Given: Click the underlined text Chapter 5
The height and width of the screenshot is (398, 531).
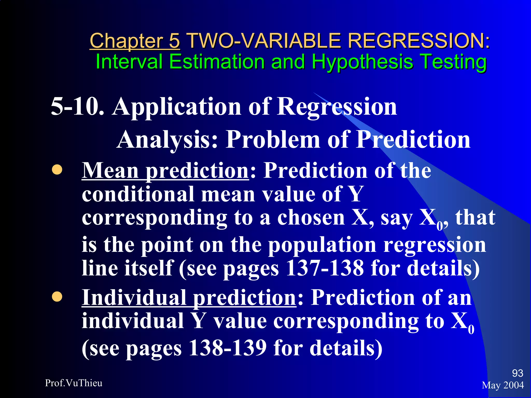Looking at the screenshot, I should (135, 41).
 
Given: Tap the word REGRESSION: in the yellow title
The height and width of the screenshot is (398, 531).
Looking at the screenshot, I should (418, 41).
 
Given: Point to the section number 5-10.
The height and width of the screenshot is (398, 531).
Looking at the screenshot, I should (77, 106).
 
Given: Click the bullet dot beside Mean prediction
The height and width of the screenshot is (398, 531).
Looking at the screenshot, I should (57, 170).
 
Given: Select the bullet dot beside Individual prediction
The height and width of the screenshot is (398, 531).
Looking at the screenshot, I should (57, 297).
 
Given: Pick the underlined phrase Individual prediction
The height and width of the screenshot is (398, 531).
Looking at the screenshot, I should (189, 298).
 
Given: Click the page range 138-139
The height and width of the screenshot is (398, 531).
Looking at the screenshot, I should (227, 348).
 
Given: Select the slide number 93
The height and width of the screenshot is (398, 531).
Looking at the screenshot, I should (518, 373).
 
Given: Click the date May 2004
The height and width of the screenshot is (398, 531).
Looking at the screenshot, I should (503, 385).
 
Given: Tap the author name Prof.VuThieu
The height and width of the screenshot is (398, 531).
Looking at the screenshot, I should (74, 383).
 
